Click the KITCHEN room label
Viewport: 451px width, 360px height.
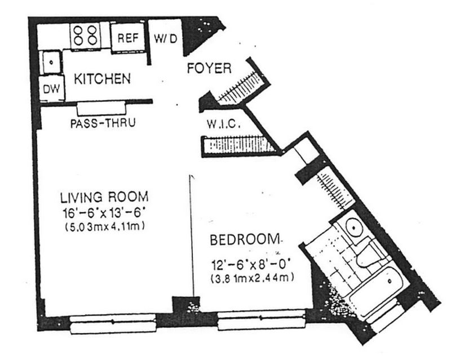[103, 78]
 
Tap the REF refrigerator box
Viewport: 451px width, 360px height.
[128, 38]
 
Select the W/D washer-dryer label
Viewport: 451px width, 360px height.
[165, 38]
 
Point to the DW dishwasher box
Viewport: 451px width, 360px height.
[52, 88]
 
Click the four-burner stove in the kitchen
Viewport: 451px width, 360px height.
[86, 35]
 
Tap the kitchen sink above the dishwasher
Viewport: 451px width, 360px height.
[51, 62]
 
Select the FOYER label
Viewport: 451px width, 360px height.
[209, 68]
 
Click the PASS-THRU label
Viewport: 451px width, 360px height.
[103, 123]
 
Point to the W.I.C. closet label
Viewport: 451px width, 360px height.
[223, 124]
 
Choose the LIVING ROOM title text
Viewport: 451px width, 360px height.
[104, 197]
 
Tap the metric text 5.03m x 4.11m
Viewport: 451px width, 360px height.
[105, 226]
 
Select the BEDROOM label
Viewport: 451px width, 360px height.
[245, 240]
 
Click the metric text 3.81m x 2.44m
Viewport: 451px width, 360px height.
[252, 278]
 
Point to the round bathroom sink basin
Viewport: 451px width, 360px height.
[354, 227]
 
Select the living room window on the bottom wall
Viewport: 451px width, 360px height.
[113, 323]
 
